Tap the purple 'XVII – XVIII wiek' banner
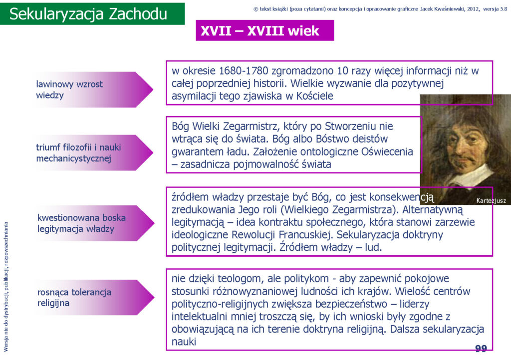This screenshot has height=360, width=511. click(x=264, y=30)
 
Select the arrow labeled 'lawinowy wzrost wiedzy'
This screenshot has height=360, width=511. click(x=93, y=90)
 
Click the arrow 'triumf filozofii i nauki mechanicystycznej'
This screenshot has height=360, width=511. click(x=93, y=153)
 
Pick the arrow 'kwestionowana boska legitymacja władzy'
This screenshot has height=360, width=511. click(x=94, y=223)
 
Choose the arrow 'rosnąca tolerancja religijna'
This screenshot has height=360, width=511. click(x=94, y=298)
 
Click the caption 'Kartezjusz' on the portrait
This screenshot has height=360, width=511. click(x=491, y=200)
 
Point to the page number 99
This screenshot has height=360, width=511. click(x=481, y=349)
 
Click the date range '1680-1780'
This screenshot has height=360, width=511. click(x=244, y=71)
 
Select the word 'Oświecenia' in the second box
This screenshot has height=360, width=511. click(x=387, y=152)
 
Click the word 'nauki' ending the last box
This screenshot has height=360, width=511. click(x=184, y=342)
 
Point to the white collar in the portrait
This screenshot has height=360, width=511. click(x=469, y=177)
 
